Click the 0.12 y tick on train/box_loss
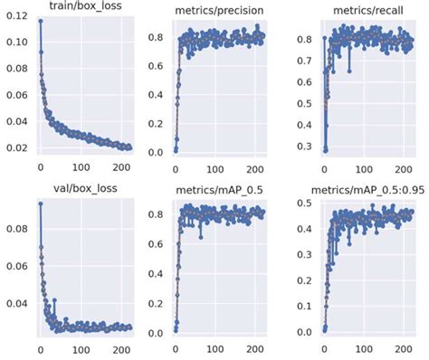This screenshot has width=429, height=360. (x=15, y=16)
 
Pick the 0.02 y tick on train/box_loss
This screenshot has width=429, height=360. (x=15, y=147)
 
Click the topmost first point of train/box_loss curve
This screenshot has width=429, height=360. (x=40, y=20)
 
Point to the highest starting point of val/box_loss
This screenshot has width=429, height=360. (x=40, y=204)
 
